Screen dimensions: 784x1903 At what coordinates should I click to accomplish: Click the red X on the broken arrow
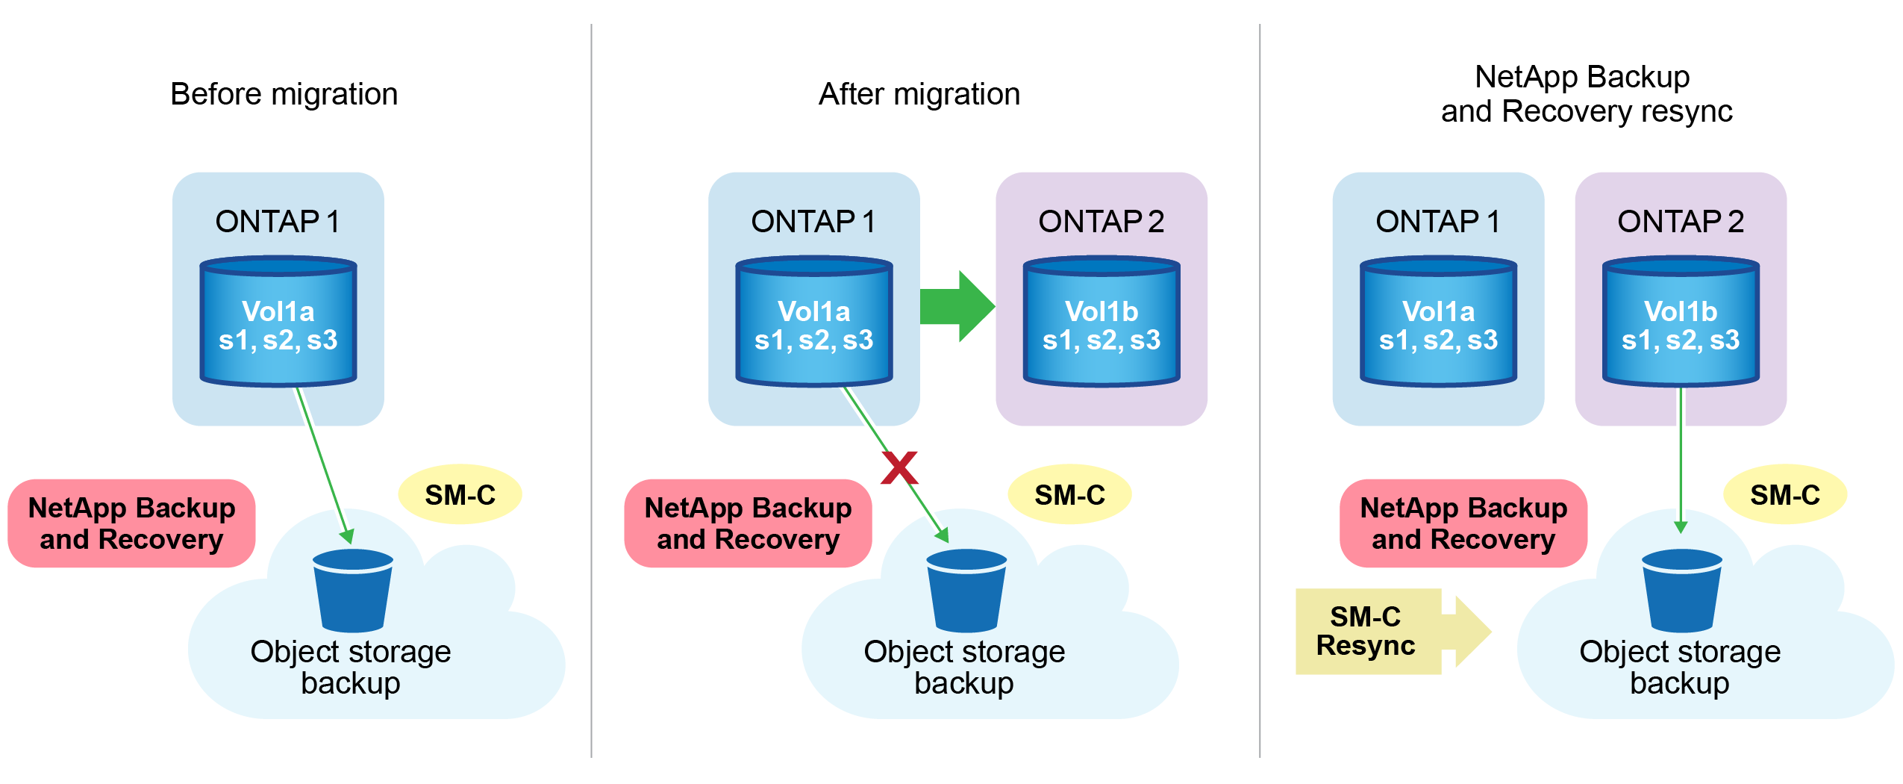(899, 468)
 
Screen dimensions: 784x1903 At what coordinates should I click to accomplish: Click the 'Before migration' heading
(284, 95)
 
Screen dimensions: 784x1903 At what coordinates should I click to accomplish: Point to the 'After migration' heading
(919, 95)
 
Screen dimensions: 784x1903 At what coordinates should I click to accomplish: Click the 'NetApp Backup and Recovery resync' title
(1585, 94)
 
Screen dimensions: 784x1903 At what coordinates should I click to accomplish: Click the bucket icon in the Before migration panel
(353, 591)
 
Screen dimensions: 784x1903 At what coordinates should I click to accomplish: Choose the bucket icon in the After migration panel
(966, 591)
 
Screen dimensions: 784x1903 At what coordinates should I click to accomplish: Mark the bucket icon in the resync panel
(1682, 591)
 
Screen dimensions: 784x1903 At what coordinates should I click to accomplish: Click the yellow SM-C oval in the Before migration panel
(460, 495)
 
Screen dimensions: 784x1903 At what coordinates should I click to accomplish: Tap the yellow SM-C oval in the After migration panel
(1069, 495)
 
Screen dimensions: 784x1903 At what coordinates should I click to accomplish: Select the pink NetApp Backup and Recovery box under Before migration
(132, 523)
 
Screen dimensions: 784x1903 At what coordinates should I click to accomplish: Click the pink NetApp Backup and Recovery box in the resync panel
(1463, 523)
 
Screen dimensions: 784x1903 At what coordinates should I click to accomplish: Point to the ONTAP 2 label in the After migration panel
(1101, 222)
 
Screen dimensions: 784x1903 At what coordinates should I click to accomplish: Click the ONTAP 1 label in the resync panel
(1437, 222)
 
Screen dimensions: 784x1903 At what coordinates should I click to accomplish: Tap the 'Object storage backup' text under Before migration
(351, 668)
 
